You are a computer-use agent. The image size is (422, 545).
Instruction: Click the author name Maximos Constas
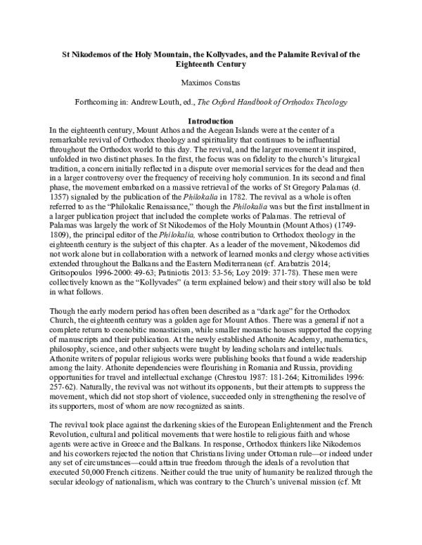click(211, 83)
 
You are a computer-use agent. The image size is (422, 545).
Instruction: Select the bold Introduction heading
click(211, 121)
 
